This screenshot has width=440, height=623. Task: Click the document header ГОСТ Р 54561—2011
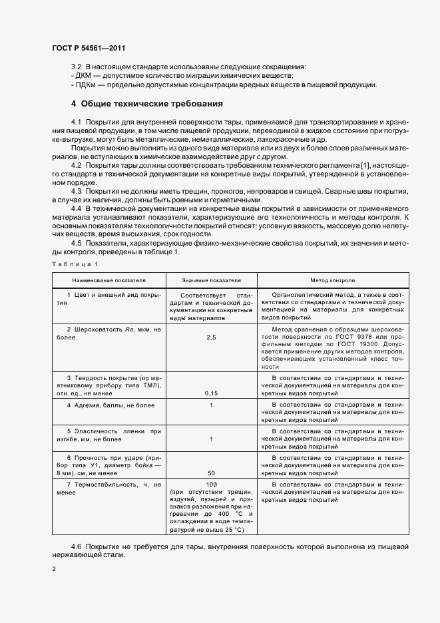click(88, 48)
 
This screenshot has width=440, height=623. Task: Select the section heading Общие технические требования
click(151, 104)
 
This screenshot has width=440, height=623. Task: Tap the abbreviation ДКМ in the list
click(84, 76)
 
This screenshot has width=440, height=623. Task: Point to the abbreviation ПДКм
click(86, 85)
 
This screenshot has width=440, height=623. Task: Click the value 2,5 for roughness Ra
click(212, 338)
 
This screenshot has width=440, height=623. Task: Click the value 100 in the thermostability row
click(212, 484)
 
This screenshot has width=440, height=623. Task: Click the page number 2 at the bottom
click(54, 569)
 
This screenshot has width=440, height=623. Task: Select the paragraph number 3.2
click(76, 67)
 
